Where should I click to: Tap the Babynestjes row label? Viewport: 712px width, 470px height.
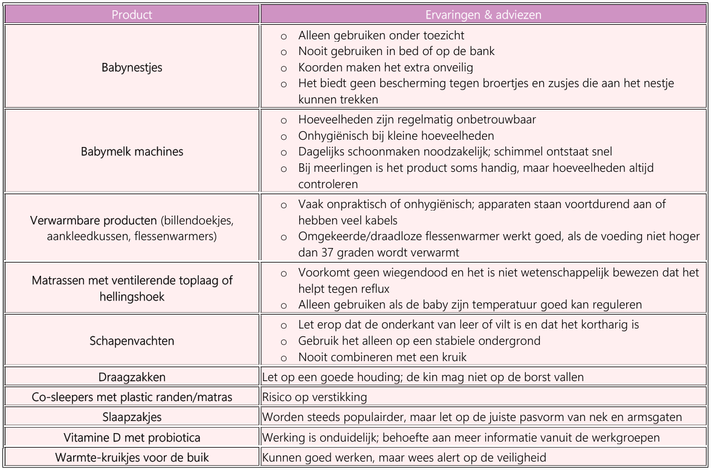(x=131, y=67)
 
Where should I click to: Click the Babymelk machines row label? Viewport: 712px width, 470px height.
(x=131, y=151)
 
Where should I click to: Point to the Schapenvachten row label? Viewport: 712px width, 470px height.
(x=131, y=341)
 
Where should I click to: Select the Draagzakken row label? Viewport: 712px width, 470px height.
(x=131, y=377)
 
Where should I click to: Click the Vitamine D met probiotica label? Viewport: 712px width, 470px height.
(x=131, y=437)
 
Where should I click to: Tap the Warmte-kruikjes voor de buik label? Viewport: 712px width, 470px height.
(x=131, y=457)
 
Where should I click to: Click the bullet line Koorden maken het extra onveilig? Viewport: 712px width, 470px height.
(x=382, y=67)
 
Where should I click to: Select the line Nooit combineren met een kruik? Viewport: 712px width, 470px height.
(x=381, y=356)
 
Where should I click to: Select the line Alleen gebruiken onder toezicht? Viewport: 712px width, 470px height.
(x=380, y=36)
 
